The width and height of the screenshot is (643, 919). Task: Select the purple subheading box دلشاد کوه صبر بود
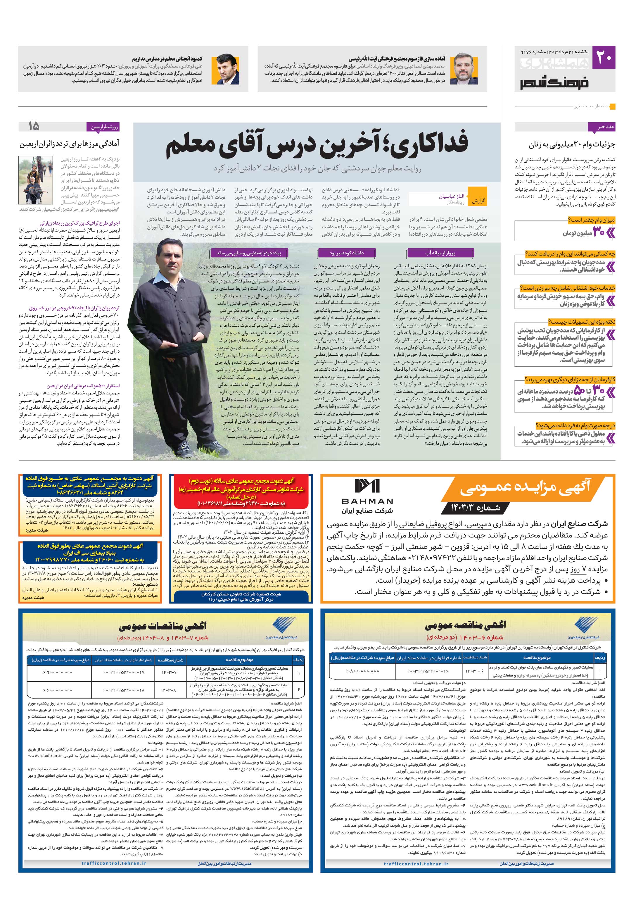click(347, 253)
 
